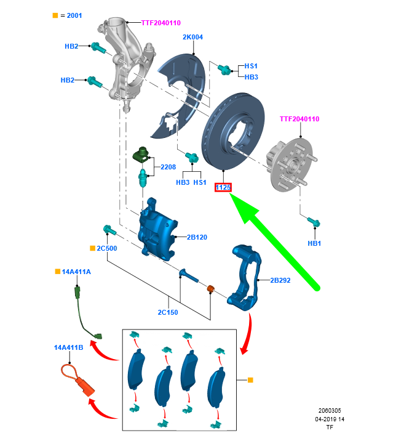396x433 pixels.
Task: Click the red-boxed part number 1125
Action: tap(223, 187)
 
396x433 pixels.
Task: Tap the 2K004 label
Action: tap(192, 37)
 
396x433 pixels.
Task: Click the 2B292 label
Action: tap(282, 280)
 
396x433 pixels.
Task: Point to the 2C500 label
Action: tap(106, 248)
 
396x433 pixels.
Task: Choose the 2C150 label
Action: tap(167, 312)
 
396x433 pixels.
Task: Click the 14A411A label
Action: tap(76, 272)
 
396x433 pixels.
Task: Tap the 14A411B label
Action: tap(68, 348)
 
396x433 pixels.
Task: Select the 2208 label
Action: tap(168, 167)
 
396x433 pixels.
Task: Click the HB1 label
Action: tap(314, 243)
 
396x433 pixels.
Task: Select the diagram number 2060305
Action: tap(330, 410)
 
